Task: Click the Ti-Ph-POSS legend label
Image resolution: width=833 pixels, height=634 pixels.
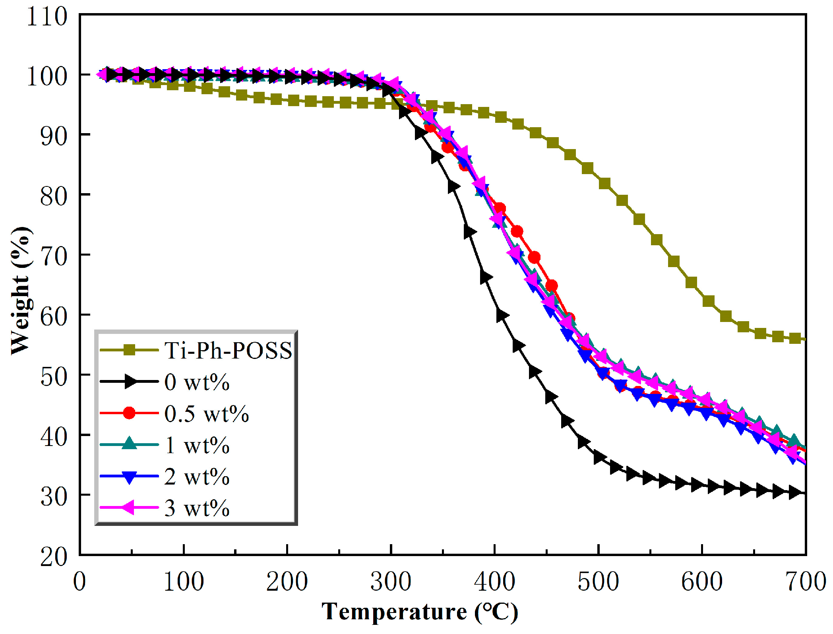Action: pos(228,350)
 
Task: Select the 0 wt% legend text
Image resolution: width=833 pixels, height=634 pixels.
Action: pos(197,382)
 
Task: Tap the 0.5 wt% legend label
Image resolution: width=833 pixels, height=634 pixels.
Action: pos(206,413)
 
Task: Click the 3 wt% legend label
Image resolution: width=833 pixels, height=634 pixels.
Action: pos(197,508)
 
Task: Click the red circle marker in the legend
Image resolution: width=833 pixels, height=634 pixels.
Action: pos(129,413)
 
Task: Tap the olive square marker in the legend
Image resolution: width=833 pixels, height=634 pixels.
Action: pos(129,350)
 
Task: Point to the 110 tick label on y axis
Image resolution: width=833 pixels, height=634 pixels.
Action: pos(47,17)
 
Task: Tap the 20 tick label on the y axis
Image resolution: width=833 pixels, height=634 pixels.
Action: pos(54,556)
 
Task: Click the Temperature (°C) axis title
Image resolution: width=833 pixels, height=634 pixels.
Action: pos(420,612)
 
